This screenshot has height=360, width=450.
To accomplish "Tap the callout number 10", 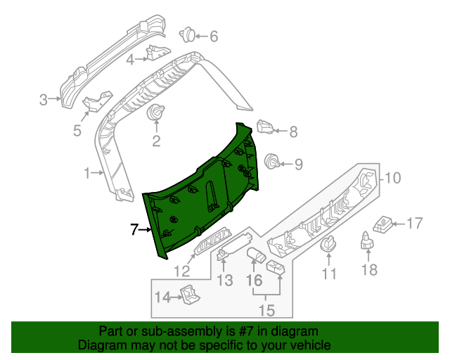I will click(392, 179).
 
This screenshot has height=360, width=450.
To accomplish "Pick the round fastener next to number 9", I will click(270, 163).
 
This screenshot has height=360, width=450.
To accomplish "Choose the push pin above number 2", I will click(155, 112).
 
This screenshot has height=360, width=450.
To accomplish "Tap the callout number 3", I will click(43, 100).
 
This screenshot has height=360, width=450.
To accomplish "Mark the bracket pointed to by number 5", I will click(94, 102).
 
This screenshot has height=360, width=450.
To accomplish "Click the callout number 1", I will click(87, 172).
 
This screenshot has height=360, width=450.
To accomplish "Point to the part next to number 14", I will click(188, 295).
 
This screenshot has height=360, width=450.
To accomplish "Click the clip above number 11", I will click(328, 245).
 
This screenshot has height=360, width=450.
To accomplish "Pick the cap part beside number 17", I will click(384, 224).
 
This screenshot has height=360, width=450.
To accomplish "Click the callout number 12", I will click(182, 271).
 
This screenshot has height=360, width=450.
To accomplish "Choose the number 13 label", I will click(224, 281).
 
